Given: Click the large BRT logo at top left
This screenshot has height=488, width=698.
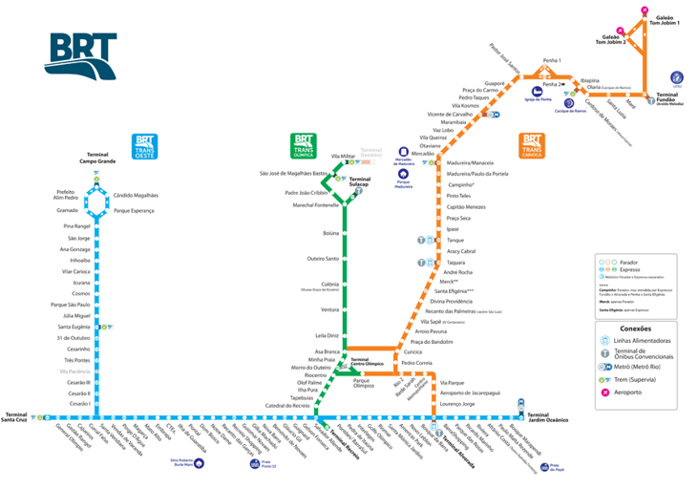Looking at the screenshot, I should pos(82,56).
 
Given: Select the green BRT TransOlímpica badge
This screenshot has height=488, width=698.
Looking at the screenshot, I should pos(304,145).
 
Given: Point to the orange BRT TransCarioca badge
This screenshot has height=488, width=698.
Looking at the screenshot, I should pos(531,145).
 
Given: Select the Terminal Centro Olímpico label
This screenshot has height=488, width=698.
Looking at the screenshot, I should pos(367,362).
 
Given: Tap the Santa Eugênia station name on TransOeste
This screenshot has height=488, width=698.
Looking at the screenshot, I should pos(74,327).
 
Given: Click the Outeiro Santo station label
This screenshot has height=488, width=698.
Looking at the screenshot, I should pos(323,259).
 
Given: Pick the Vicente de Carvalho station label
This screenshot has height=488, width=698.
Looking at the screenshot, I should pos(456,114).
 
